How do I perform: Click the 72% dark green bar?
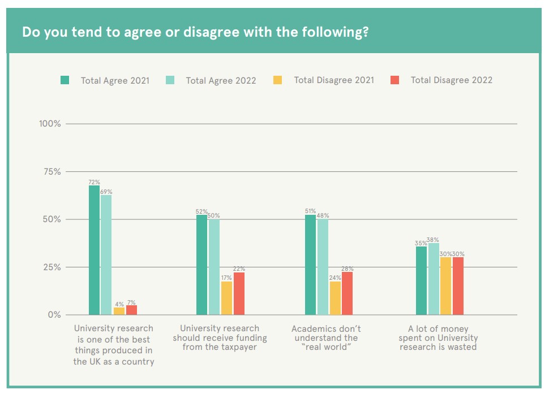pos(94,250)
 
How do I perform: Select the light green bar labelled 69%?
pos(106,254)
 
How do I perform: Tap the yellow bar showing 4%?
pos(119,311)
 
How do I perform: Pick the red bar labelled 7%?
pos(131,310)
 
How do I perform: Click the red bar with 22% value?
pos(239,293)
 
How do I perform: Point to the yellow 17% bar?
pos(226,298)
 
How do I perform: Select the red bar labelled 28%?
pos(347,293)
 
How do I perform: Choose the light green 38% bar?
pos(434,279)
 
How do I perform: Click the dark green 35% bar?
pos(421,280)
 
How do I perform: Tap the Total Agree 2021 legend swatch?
pos(65,80)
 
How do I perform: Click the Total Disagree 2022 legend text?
pos(451,80)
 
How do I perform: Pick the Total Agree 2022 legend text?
pos(221,80)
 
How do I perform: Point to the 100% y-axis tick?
pos(50,124)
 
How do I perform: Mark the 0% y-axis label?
pos(53,315)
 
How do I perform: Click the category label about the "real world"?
pos(326,337)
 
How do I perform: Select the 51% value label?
pos(310,211)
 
